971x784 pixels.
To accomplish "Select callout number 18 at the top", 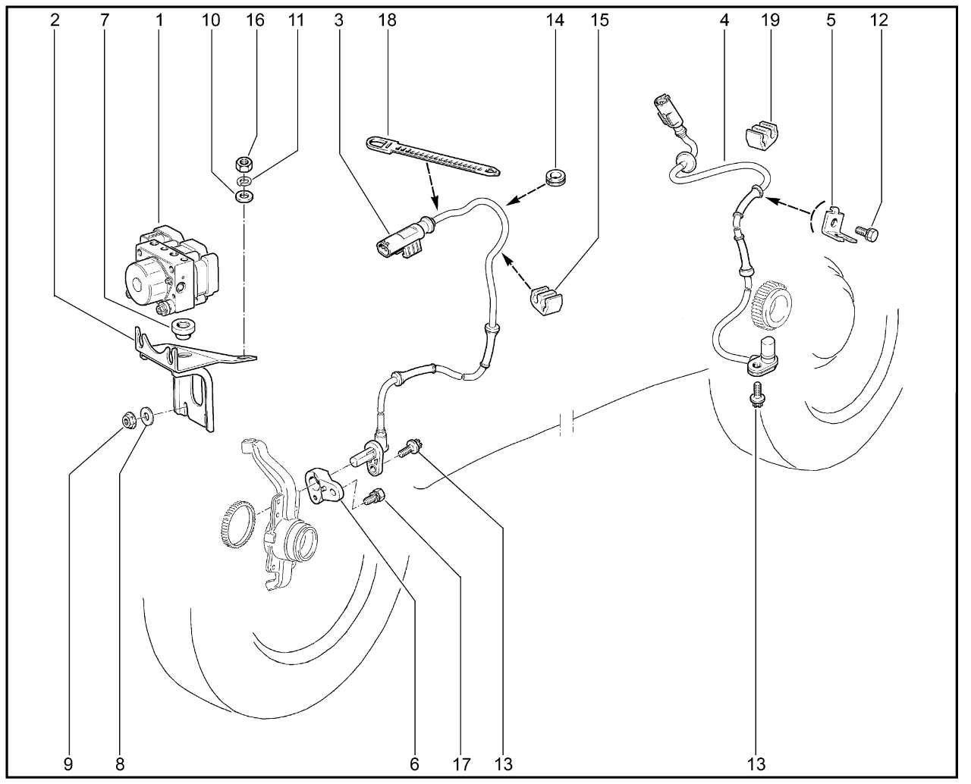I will (x=387, y=20).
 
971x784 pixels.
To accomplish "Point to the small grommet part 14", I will (x=557, y=180).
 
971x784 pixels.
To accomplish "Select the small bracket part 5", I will (x=839, y=227).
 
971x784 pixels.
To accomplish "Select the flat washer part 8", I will (x=146, y=416).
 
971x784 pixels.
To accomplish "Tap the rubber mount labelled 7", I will (x=183, y=329).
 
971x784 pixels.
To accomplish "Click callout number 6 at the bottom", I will (x=414, y=764).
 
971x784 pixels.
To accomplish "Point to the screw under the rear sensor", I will (x=756, y=394).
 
